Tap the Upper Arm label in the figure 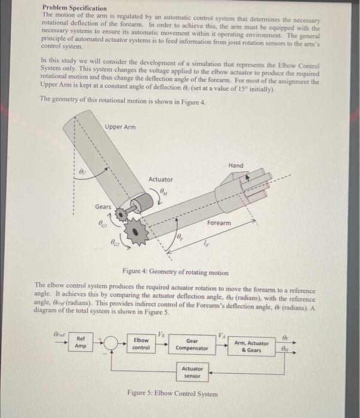click(120, 127)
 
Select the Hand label click(236, 165)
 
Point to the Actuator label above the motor click(161, 179)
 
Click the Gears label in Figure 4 click(103, 206)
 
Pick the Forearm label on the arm click(219, 222)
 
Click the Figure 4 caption click(174, 272)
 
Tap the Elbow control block click(141, 343)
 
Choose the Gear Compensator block click(193, 344)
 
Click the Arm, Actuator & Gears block click(251, 346)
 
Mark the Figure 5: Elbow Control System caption click(173, 394)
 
